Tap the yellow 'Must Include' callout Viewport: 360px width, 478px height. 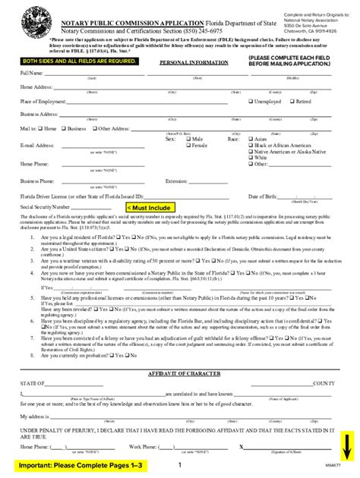pos(150,206)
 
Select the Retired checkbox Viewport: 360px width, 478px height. pos(292,101)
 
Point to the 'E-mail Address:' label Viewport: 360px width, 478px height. pos(36,146)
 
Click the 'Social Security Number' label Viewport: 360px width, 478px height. pos(45,206)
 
